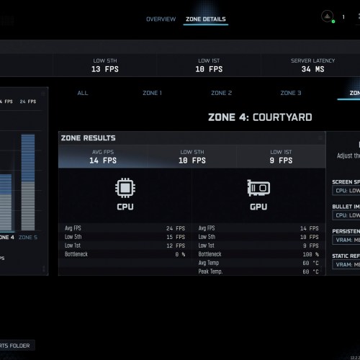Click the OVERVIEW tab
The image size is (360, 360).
161,19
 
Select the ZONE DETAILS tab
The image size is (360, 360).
205,19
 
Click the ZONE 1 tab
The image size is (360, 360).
151,93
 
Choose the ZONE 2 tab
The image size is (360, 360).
221,93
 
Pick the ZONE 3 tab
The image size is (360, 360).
290,93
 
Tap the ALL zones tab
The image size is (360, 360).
83,93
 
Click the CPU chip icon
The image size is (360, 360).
125,188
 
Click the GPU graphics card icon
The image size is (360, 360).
258,188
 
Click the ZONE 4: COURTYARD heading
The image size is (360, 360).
260,117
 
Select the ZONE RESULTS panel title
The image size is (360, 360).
89,138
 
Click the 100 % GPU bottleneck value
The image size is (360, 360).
309,254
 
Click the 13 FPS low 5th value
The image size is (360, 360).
104,70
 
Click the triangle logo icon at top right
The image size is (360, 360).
326,16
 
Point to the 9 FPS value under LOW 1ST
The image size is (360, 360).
281,161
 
